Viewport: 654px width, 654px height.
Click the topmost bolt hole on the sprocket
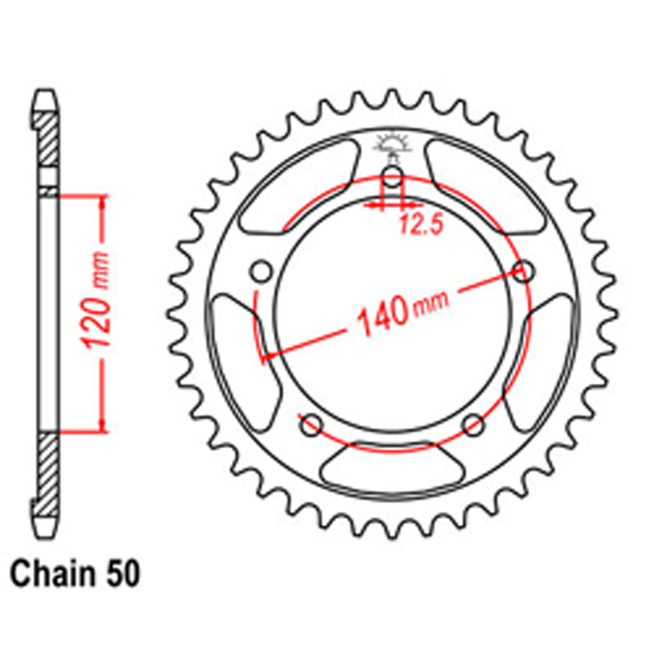click(x=392, y=175)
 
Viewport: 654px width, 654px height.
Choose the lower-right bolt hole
click(x=473, y=424)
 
